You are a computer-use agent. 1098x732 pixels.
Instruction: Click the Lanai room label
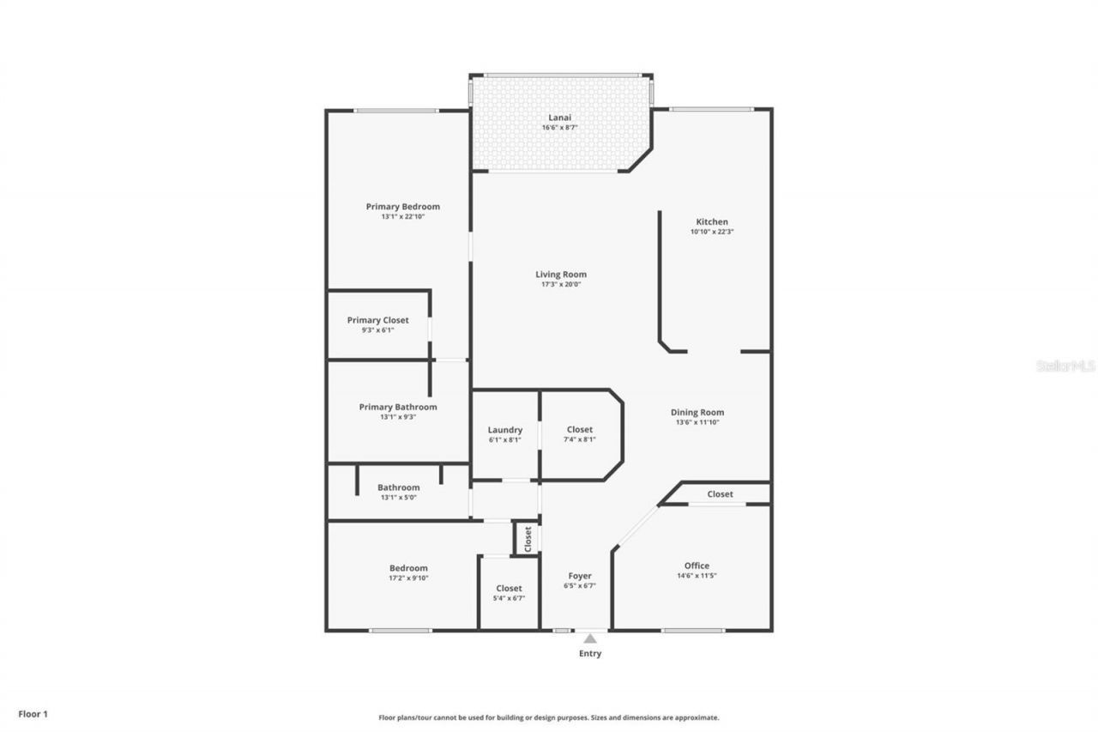[x=560, y=118]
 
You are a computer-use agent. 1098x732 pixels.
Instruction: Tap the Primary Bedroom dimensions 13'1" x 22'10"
[x=402, y=217]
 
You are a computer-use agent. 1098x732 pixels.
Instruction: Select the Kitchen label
[x=711, y=221]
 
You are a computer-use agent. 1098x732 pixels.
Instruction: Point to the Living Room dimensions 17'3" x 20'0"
[x=561, y=284]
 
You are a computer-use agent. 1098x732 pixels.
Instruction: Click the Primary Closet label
[x=377, y=320]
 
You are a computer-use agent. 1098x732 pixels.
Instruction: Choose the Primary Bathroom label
[x=397, y=407]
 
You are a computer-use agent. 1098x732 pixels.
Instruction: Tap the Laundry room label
[x=504, y=430]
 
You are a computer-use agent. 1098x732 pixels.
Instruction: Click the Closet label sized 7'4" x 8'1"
[x=579, y=429]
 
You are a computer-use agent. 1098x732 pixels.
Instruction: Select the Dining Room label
[x=697, y=412]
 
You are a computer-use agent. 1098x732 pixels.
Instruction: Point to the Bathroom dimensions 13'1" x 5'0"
[x=398, y=498]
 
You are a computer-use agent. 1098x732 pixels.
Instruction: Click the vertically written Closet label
[x=528, y=539]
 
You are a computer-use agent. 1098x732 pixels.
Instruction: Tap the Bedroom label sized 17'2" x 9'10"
[x=408, y=568]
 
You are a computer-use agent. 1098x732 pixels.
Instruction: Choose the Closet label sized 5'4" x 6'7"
[x=509, y=588]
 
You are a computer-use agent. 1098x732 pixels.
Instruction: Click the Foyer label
[x=580, y=576]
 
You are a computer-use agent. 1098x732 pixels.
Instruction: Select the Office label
[x=697, y=566]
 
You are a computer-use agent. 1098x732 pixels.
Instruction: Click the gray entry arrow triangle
[x=590, y=638]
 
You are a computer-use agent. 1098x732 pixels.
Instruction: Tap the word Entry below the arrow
[x=590, y=654]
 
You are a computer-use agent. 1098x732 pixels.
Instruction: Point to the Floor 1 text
[x=33, y=713]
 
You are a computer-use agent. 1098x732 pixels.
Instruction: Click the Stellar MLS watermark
[x=1065, y=366]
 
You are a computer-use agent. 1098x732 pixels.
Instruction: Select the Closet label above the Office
[x=720, y=493]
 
